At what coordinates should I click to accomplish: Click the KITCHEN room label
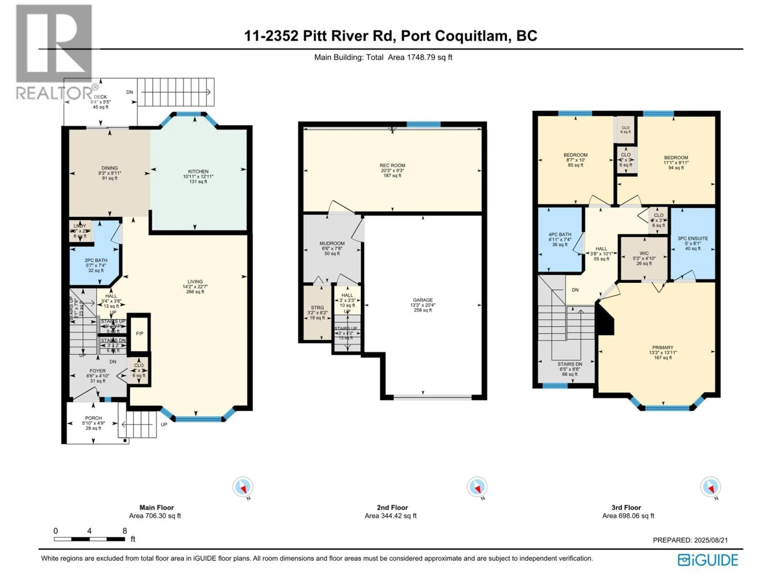click(x=198, y=171)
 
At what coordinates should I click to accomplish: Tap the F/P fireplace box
click(x=139, y=333)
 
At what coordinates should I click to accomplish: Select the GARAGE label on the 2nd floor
click(x=423, y=300)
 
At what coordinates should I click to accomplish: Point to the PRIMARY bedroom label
click(x=662, y=348)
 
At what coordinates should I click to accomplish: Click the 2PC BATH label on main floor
click(x=96, y=260)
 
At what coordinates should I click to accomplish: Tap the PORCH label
click(x=93, y=418)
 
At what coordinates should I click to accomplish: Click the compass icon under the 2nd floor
click(x=477, y=487)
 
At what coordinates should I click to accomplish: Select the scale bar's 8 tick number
click(x=124, y=531)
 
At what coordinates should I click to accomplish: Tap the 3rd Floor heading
click(x=626, y=507)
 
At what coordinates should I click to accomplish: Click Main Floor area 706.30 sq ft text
click(x=155, y=516)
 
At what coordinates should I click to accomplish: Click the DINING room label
click(x=110, y=168)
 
